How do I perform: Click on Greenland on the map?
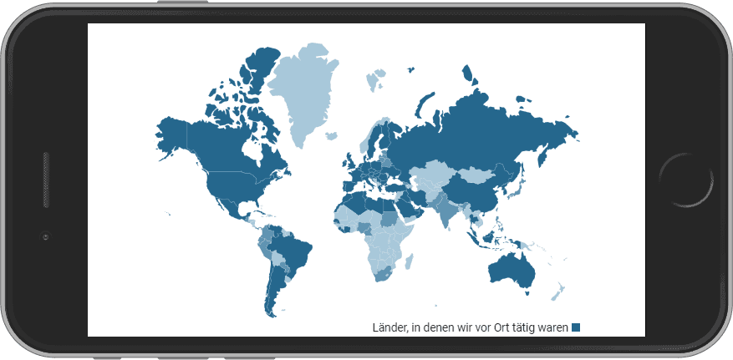310,92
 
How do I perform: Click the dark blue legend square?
576,327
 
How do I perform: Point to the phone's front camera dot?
46,237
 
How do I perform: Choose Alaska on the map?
171,134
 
